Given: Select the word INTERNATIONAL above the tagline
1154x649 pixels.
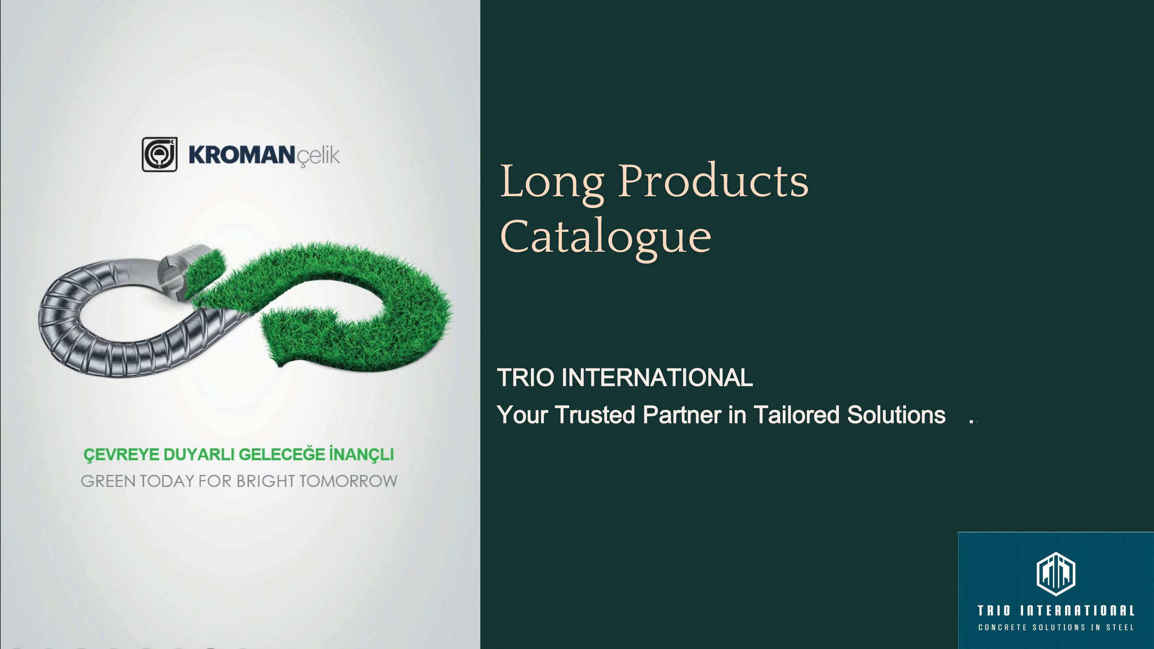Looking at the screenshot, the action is click(x=657, y=377).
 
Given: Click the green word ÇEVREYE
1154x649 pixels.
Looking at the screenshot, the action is click(x=122, y=454).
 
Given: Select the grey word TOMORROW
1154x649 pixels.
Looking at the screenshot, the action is click(x=348, y=481).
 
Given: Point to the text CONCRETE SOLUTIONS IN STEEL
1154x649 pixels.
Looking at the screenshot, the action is click(x=1056, y=627).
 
